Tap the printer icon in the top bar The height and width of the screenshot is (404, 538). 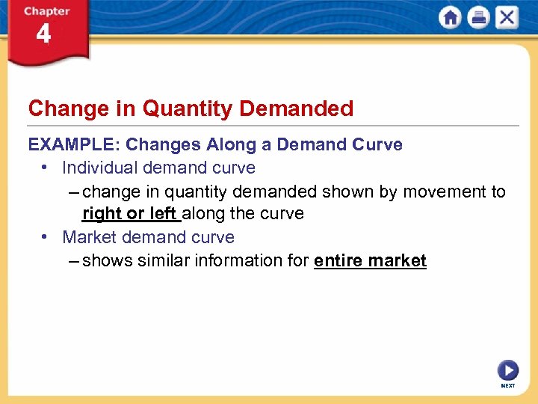478,18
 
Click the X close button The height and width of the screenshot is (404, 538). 506,18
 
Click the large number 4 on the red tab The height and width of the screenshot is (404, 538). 43,34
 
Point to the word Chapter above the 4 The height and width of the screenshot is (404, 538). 46,11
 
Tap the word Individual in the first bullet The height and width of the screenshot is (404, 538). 99,168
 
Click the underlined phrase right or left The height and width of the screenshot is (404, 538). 130,214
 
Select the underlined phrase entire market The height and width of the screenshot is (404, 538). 370,261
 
